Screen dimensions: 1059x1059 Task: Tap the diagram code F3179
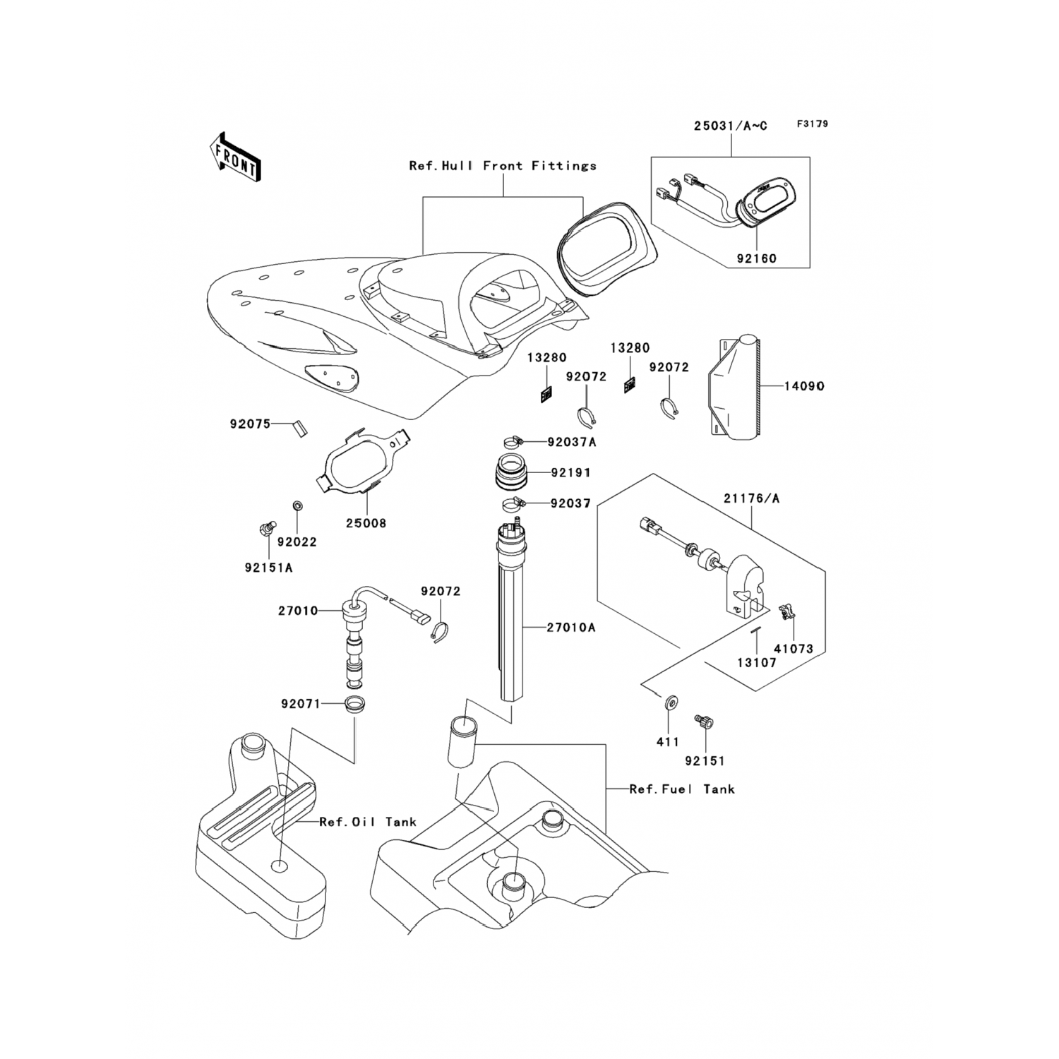[813, 124]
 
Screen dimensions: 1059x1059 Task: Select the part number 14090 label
[804, 387]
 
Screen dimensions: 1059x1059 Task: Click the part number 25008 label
[366, 524]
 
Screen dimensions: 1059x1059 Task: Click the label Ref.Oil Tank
[367, 822]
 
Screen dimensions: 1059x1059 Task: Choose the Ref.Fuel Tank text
[682, 789]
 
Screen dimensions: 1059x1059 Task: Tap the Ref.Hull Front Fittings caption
[503, 166]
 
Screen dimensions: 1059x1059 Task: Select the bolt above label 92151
[705, 722]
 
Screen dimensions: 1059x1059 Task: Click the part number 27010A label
[570, 627]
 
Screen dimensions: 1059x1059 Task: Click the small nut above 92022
[297, 506]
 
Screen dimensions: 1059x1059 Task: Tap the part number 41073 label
[793, 649]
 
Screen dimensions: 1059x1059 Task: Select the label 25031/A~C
[730, 126]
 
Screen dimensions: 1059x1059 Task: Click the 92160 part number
[756, 258]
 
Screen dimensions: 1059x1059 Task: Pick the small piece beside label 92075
[300, 428]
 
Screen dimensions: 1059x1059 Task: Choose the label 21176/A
[751, 498]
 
